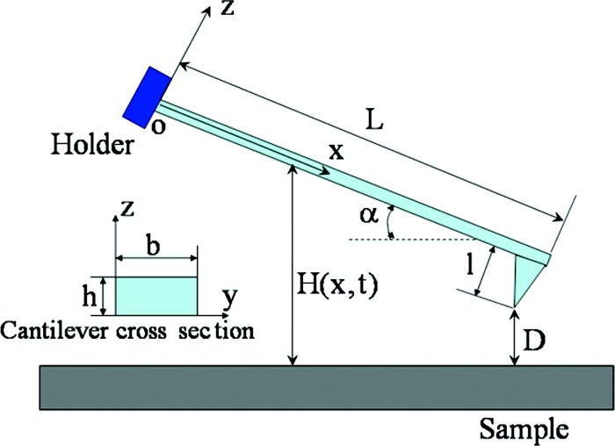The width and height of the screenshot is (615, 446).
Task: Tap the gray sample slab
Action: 307,386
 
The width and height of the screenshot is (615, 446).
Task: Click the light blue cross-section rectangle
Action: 155,296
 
